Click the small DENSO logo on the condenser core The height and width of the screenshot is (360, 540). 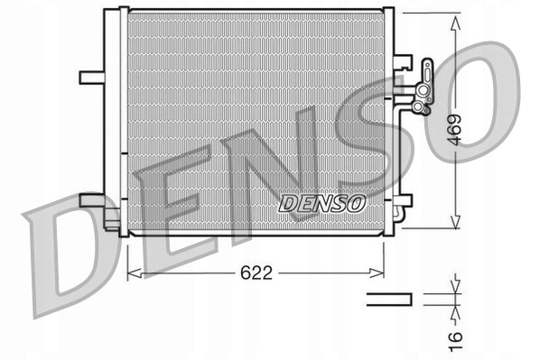point(321,204)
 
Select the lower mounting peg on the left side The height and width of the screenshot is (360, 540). point(93,199)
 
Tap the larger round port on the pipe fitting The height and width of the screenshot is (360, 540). point(418,106)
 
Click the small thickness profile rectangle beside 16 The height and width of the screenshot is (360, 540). point(389,298)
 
